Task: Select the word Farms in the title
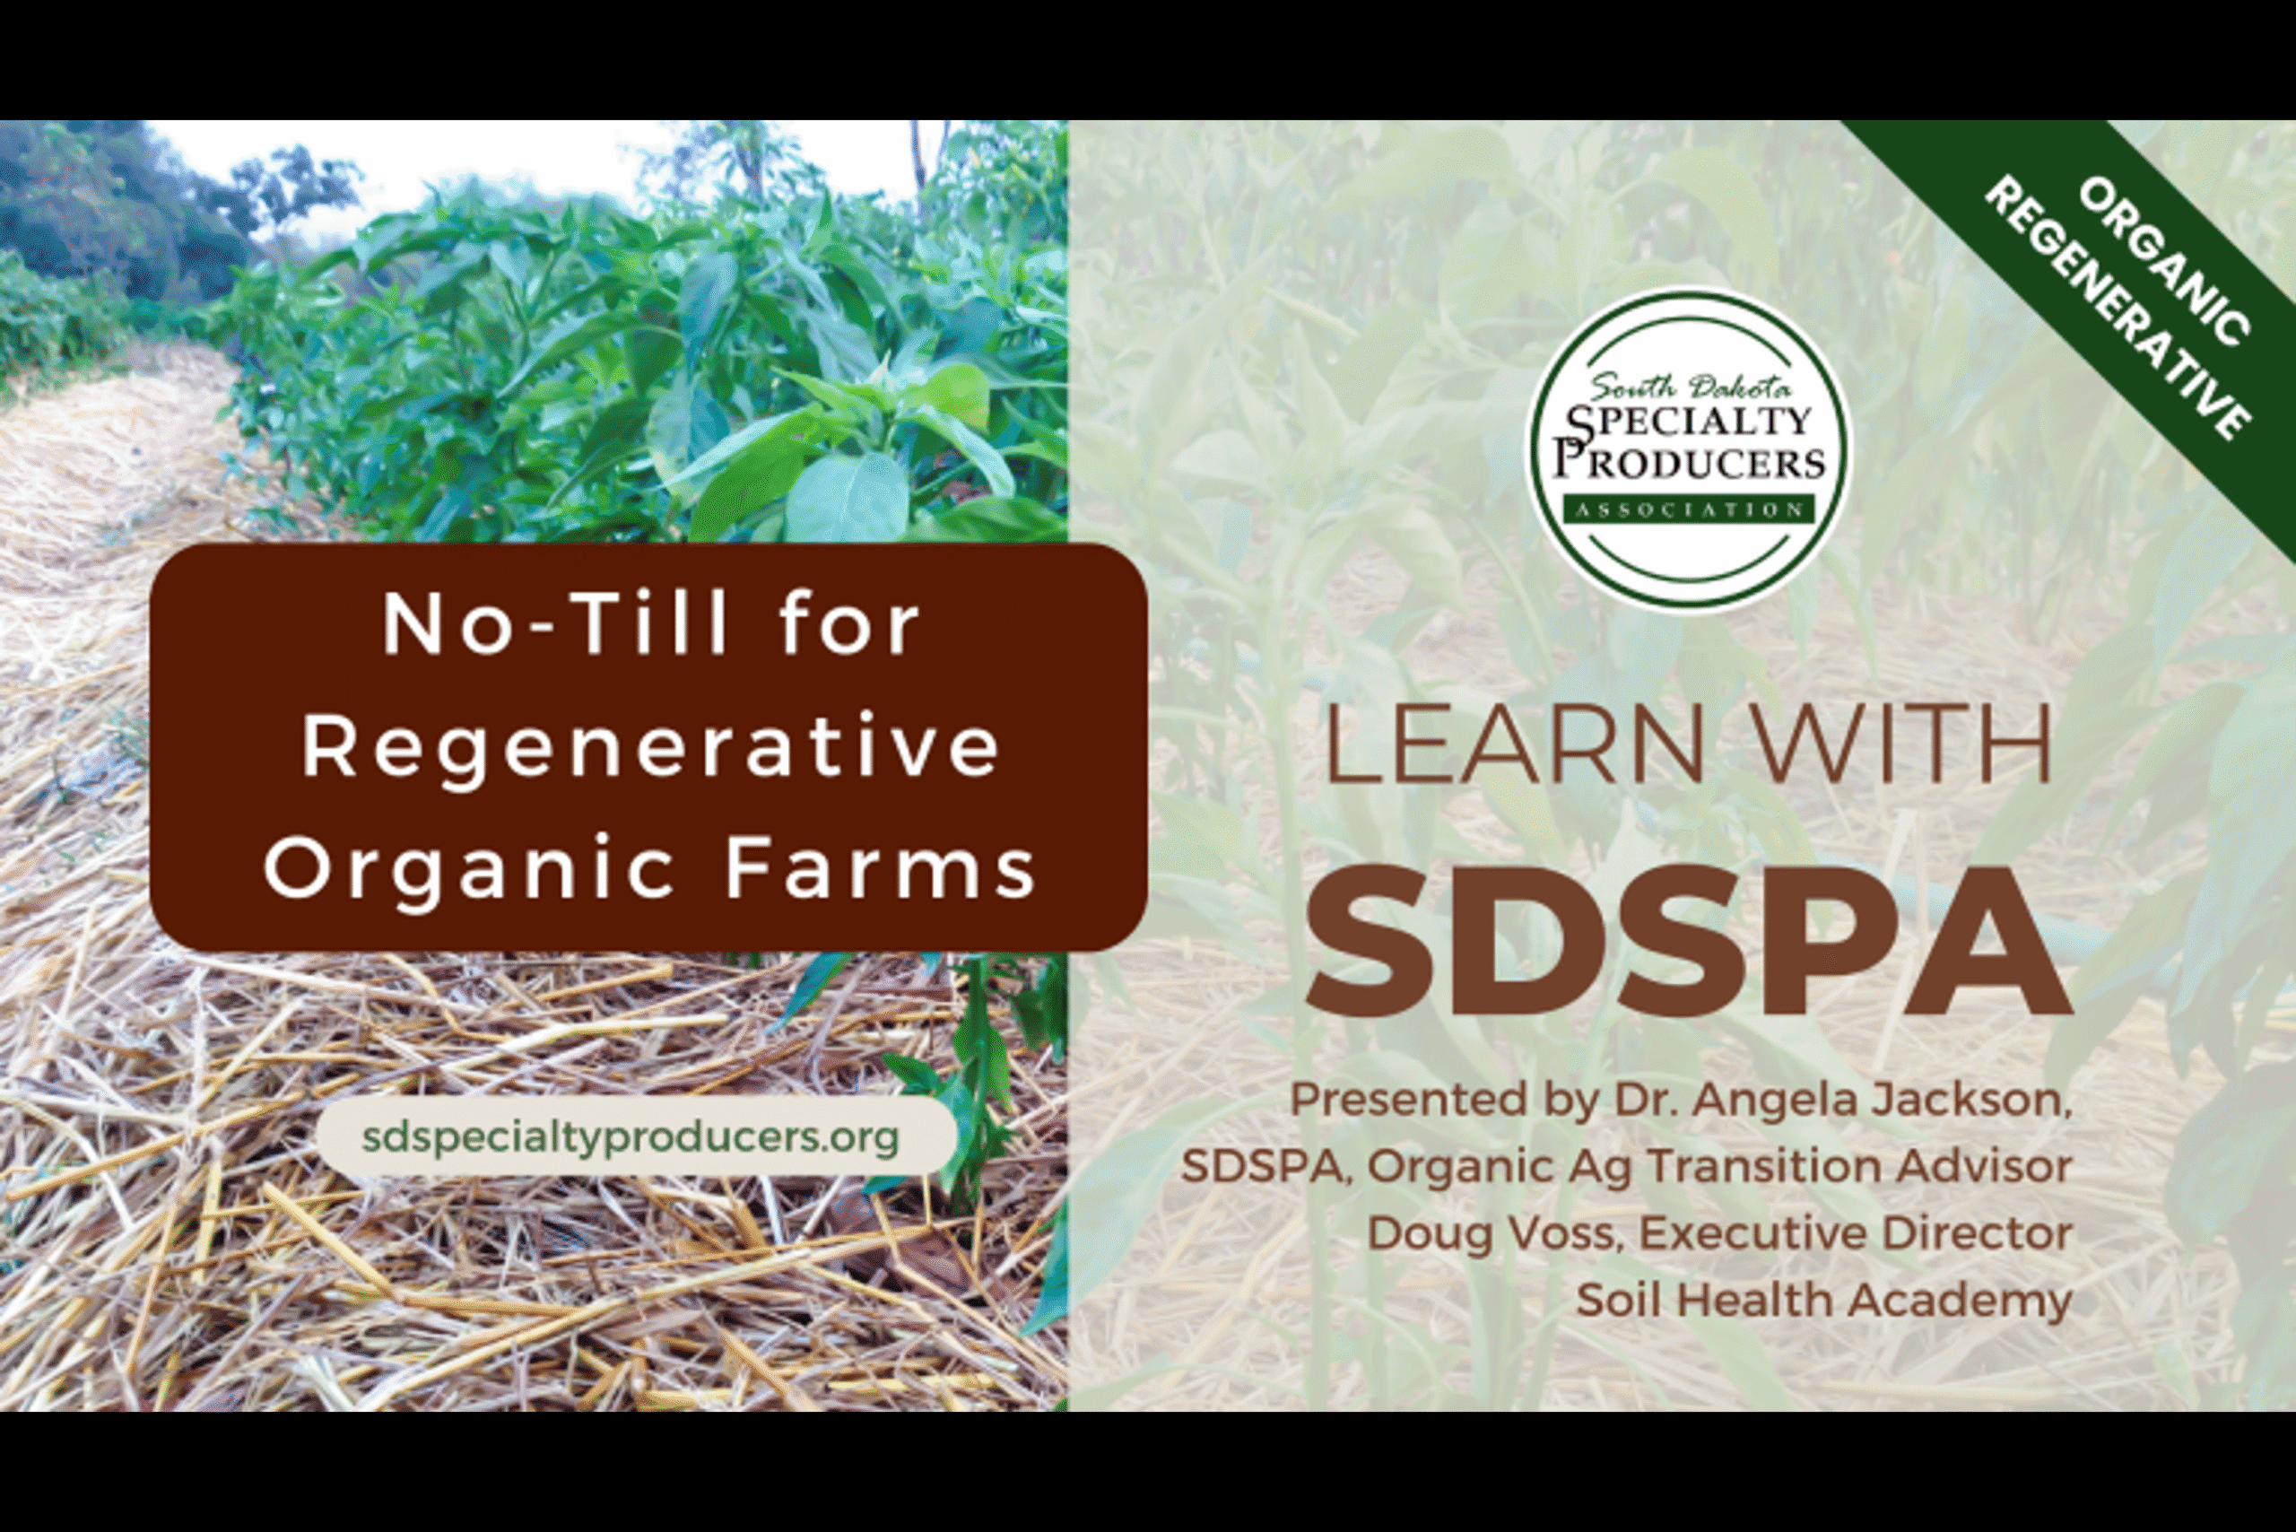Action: click(x=879, y=868)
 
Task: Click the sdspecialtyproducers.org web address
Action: click(x=631, y=1136)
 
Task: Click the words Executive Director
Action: click(x=1856, y=1233)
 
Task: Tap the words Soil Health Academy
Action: click(x=1823, y=1301)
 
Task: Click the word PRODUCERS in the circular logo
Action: click(x=1690, y=462)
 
